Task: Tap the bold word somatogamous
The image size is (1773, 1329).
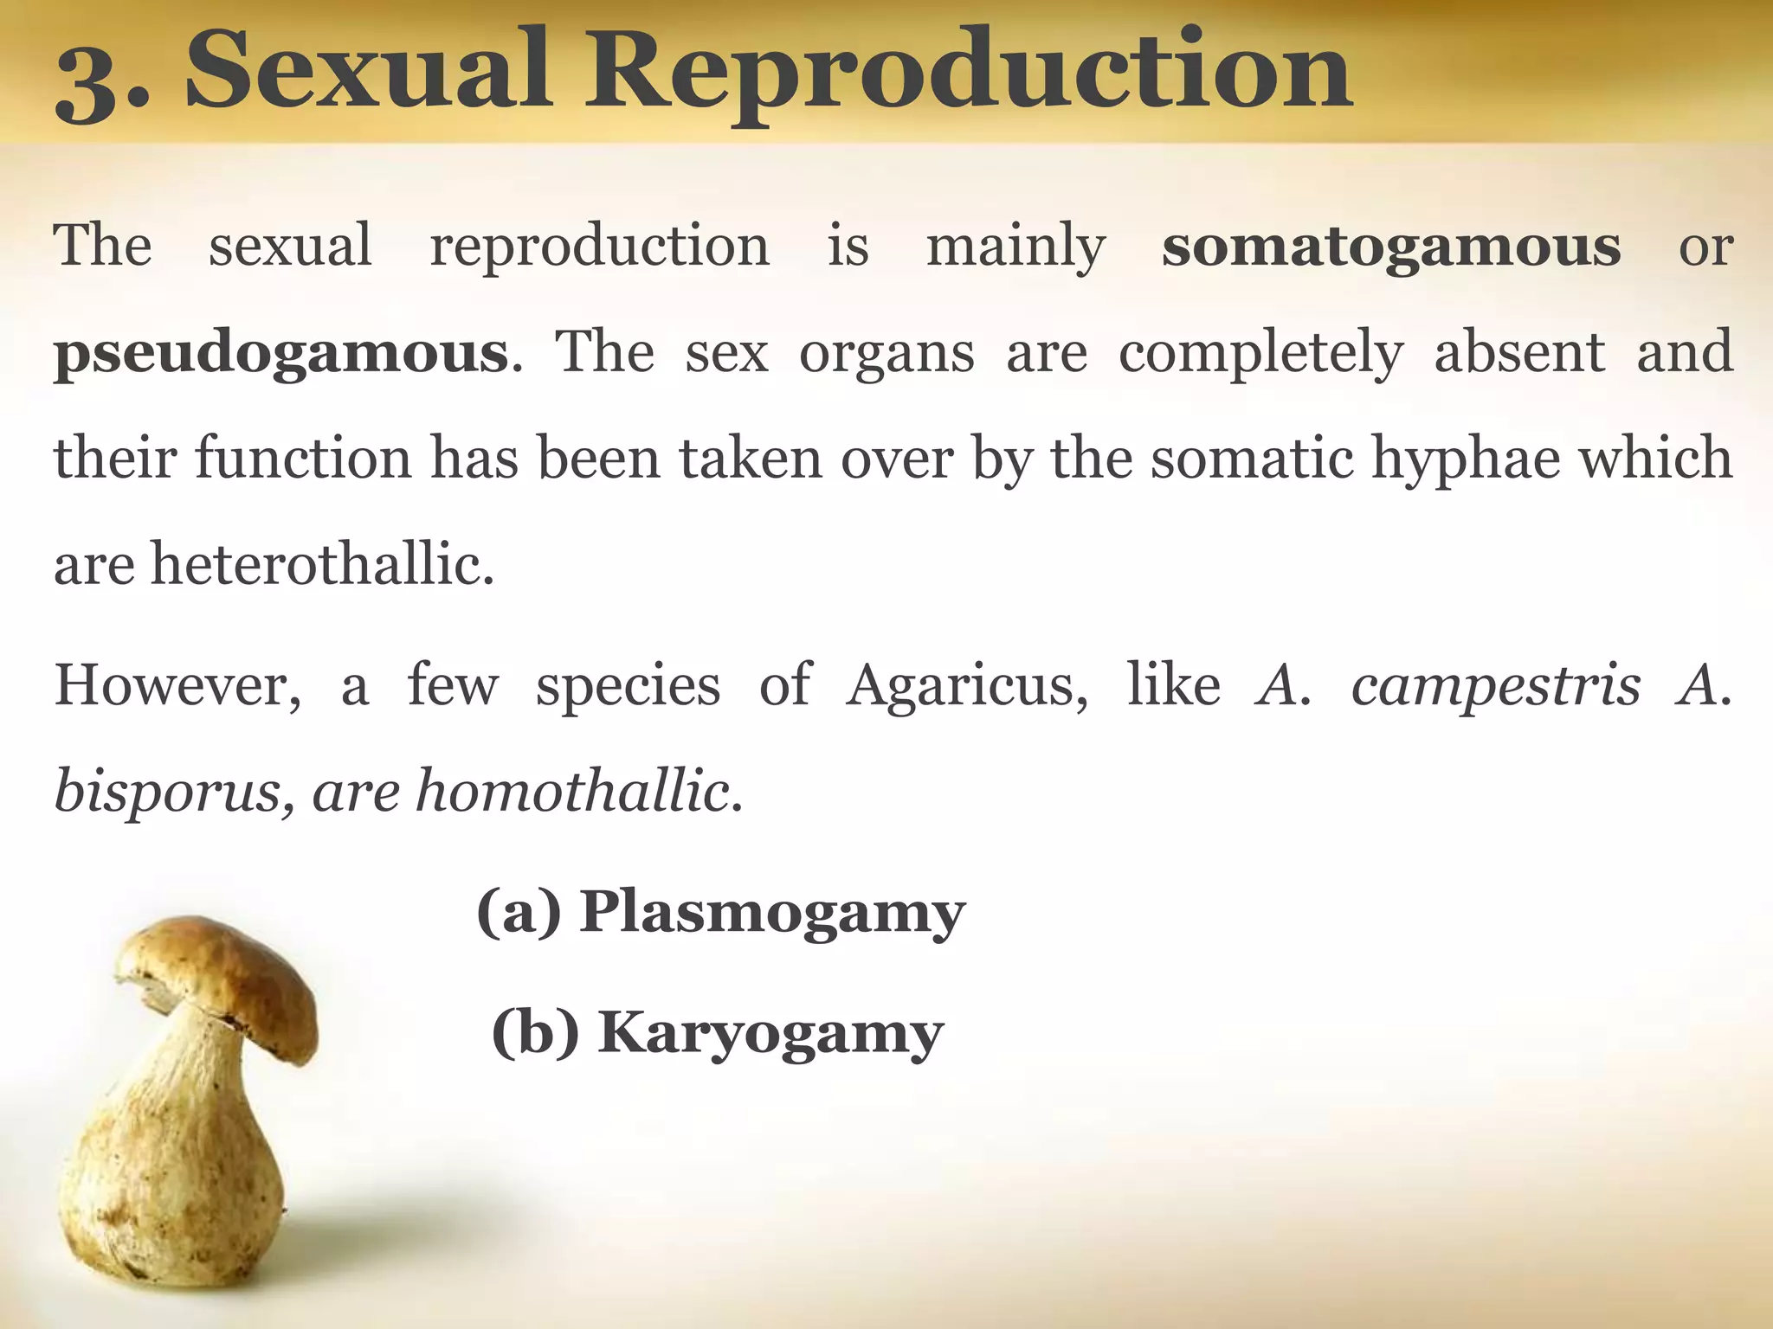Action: [1390, 247]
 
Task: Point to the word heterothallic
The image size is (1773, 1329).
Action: [322, 564]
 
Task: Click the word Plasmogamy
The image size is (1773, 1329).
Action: [772, 914]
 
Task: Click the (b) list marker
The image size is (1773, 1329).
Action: [535, 1032]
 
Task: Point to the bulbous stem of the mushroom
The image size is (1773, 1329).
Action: [173, 1159]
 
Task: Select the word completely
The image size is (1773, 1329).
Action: [1260, 353]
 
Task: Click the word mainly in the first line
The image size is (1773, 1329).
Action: [1015, 247]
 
